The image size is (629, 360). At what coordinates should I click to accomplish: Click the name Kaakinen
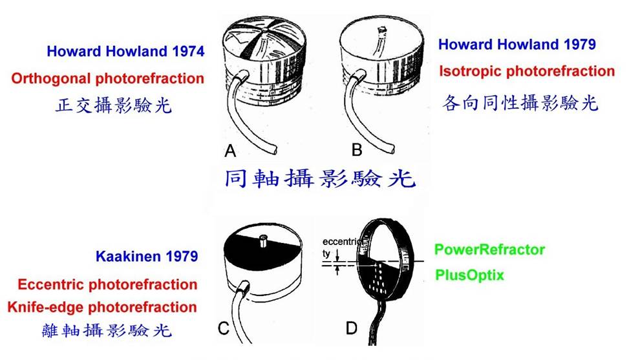click(x=127, y=257)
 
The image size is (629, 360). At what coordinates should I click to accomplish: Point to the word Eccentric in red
click(x=52, y=284)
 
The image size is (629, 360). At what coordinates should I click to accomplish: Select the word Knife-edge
click(x=48, y=307)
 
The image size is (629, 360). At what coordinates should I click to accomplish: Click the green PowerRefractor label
click(x=489, y=249)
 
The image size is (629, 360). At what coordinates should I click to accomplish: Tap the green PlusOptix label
click(x=469, y=275)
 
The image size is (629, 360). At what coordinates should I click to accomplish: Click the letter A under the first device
click(x=229, y=151)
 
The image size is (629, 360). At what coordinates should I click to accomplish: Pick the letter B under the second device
click(x=357, y=151)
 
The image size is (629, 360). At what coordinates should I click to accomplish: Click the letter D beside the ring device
click(x=351, y=329)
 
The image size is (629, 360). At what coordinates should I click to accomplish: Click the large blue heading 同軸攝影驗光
click(x=320, y=178)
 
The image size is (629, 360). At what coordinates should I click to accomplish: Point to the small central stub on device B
click(x=379, y=30)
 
